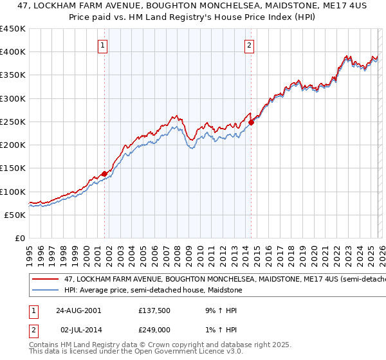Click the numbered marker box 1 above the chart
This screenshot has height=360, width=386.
(x=104, y=45)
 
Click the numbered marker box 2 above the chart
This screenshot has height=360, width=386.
(x=249, y=45)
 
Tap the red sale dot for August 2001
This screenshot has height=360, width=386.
(x=104, y=174)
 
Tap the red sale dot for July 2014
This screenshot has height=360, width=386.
(x=251, y=122)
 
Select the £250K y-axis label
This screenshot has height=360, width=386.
(x=13, y=122)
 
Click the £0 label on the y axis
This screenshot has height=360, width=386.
(x=20, y=238)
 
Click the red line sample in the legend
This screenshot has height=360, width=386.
(x=46, y=280)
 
